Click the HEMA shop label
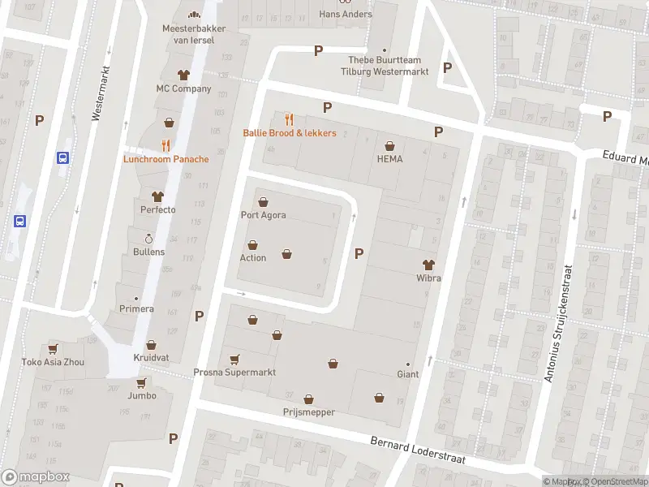(389, 159)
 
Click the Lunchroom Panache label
(165, 159)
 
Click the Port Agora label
(263, 215)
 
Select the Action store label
(252, 258)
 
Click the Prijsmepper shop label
(308, 412)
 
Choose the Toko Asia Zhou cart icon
(53, 348)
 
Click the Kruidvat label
(151, 358)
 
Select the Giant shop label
(407, 374)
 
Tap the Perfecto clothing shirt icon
(157, 196)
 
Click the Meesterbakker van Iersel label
(194, 34)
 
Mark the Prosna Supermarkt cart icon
(234, 359)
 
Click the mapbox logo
(36, 476)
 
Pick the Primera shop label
(136, 308)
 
